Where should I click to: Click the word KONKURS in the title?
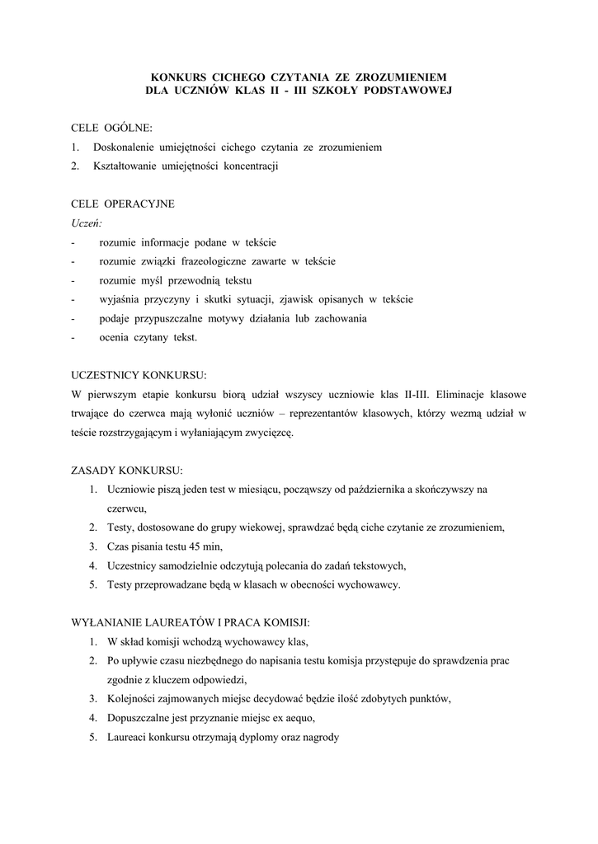tap(174, 77)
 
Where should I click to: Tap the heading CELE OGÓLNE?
tap(111, 129)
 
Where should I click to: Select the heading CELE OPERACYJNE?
tap(123, 204)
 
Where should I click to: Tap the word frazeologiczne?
tap(227, 261)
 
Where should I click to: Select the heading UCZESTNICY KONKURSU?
tap(139, 374)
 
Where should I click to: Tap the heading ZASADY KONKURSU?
tap(127, 470)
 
